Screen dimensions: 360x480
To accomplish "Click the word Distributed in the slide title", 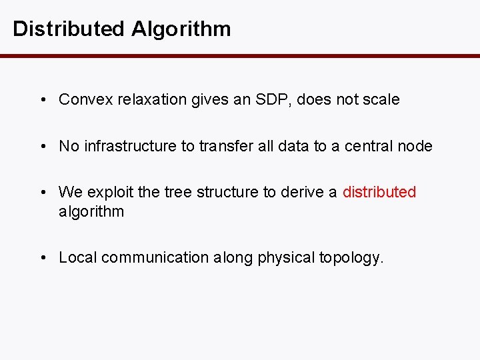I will [x=68, y=29].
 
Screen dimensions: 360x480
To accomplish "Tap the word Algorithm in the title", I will [x=181, y=29].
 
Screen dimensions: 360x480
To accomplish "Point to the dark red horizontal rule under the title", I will [x=240, y=56].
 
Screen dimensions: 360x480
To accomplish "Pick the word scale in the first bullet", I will [x=381, y=100].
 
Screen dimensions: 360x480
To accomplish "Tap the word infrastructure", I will [x=130, y=146].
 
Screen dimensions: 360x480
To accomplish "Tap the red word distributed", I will [x=379, y=193].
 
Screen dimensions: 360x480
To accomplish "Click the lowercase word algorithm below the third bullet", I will [x=91, y=212].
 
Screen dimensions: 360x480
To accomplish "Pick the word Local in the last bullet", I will [x=77, y=257].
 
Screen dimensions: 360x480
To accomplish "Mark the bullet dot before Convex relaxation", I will [x=42, y=100].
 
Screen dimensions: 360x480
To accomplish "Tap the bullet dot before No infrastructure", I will [x=42, y=146].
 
